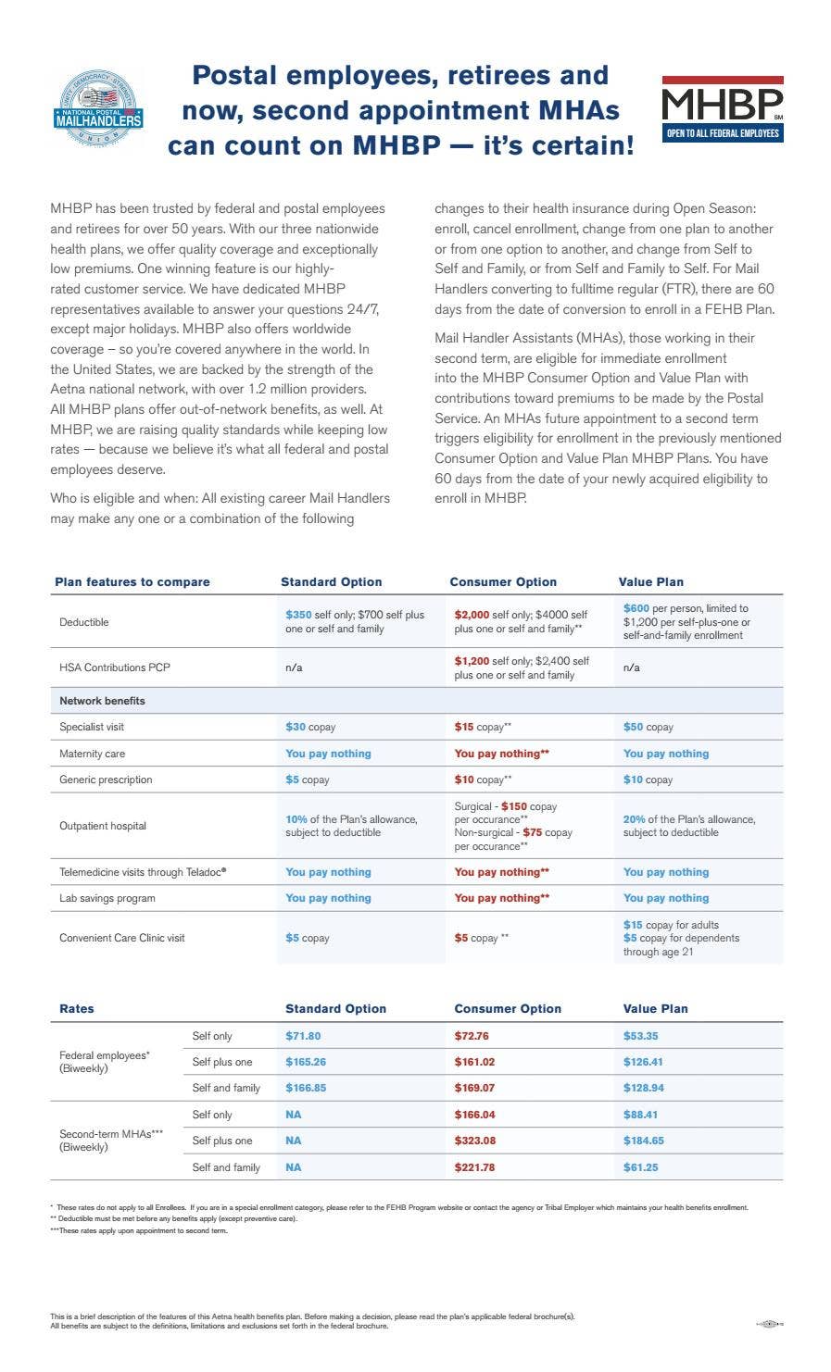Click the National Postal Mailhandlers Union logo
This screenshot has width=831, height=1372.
[98, 108]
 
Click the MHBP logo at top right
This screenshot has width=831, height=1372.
[723, 108]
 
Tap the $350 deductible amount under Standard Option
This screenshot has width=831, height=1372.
[298, 615]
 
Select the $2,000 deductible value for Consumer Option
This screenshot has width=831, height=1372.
[472, 615]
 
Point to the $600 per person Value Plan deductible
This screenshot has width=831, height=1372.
[636, 608]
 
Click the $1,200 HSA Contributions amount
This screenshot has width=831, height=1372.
[472, 661]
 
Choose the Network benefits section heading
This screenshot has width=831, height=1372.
[102, 701]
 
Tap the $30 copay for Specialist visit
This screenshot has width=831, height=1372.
[296, 728]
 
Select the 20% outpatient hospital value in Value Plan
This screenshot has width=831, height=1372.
[634, 819]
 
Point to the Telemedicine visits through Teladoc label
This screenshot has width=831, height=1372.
[143, 872]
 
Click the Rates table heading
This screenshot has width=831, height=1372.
[77, 1009]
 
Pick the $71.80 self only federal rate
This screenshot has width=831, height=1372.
[303, 1036]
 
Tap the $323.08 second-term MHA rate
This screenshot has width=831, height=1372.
[474, 1141]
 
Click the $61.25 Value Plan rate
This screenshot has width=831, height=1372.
[640, 1167]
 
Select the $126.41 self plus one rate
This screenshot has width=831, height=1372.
[643, 1062]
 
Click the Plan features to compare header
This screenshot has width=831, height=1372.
[132, 582]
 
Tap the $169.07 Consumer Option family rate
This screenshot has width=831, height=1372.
[474, 1088]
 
